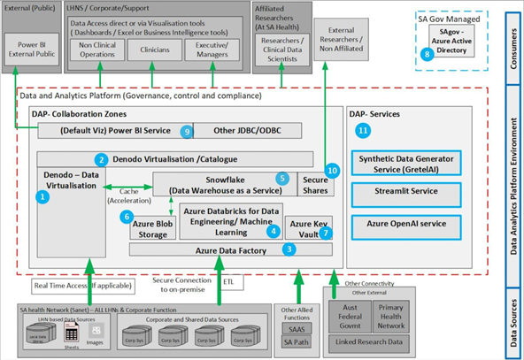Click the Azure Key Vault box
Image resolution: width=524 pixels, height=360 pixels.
[310, 227]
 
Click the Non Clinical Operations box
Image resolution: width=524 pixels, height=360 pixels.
[98, 50]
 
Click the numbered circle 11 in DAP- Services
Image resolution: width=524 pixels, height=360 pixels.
[361, 130]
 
